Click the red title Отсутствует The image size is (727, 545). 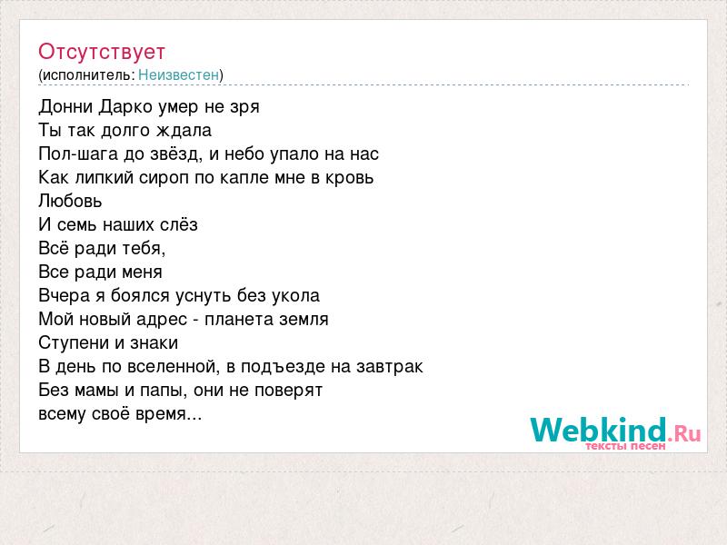coord(102,52)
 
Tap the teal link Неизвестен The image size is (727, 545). coord(178,74)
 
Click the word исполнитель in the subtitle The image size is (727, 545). coord(88,75)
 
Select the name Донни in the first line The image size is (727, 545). coord(65,106)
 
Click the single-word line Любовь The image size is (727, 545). coord(70,201)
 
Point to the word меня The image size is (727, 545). coord(143,272)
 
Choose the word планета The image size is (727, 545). coord(239,320)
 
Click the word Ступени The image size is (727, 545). coord(74,343)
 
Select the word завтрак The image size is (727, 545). coord(390,367)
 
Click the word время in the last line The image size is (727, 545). coord(168,414)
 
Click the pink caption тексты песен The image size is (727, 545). coord(625,446)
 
